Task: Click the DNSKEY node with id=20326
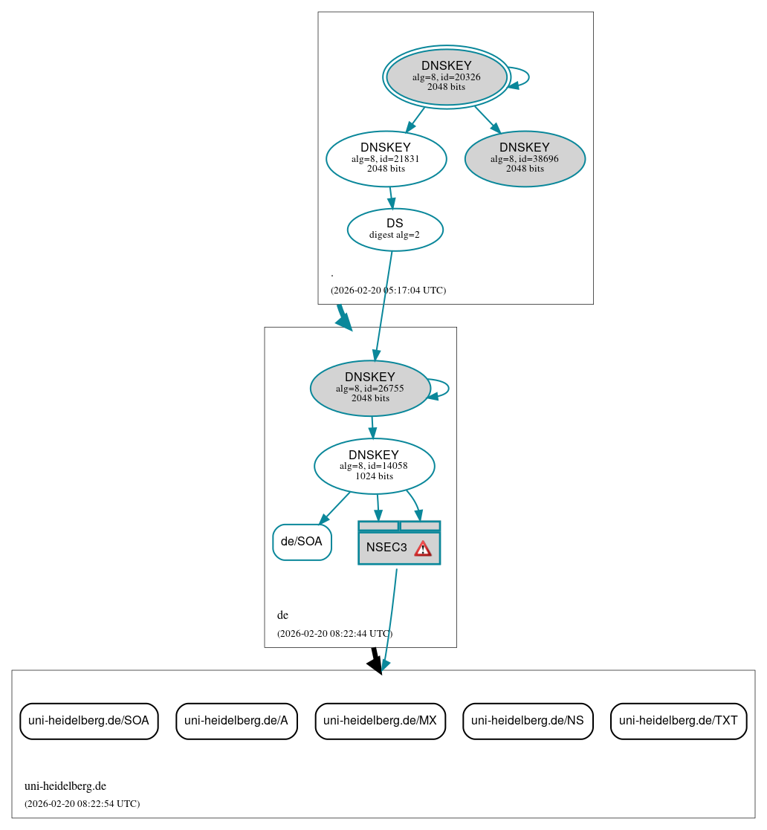coord(446,77)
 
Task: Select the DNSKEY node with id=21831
coord(386,158)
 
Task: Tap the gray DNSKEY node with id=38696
coord(525,158)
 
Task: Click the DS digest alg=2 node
coord(395,230)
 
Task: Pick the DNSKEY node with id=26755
coord(369,388)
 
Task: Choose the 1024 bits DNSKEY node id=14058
coord(374,466)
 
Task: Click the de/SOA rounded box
coord(302,542)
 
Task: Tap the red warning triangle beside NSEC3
coord(423,548)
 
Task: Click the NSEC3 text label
coord(386,548)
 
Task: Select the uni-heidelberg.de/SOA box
coord(88,721)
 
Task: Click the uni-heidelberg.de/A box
coord(236,721)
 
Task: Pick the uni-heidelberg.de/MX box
coord(380,721)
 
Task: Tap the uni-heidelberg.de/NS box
coord(528,721)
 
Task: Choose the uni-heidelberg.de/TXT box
coord(678,721)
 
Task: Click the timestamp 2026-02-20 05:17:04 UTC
coord(388,291)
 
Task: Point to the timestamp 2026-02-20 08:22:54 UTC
coord(82,804)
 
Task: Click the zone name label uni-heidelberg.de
coord(65,786)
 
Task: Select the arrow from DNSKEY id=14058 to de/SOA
coord(334,508)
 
